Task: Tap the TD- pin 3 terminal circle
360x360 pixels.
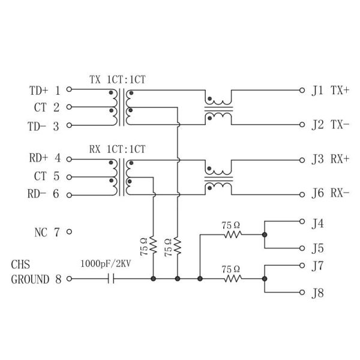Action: pos(69,125)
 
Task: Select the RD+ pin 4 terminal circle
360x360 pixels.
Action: pos(69,159)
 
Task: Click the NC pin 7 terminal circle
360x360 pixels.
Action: pos(69,231)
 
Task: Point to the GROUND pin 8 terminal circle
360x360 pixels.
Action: pos(69,279)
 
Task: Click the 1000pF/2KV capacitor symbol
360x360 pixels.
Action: pos(111,279)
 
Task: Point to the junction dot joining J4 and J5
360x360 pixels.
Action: pos(264,235)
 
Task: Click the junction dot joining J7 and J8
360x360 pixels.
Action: pos(264,279)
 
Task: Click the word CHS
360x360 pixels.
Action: pos(20,264)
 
